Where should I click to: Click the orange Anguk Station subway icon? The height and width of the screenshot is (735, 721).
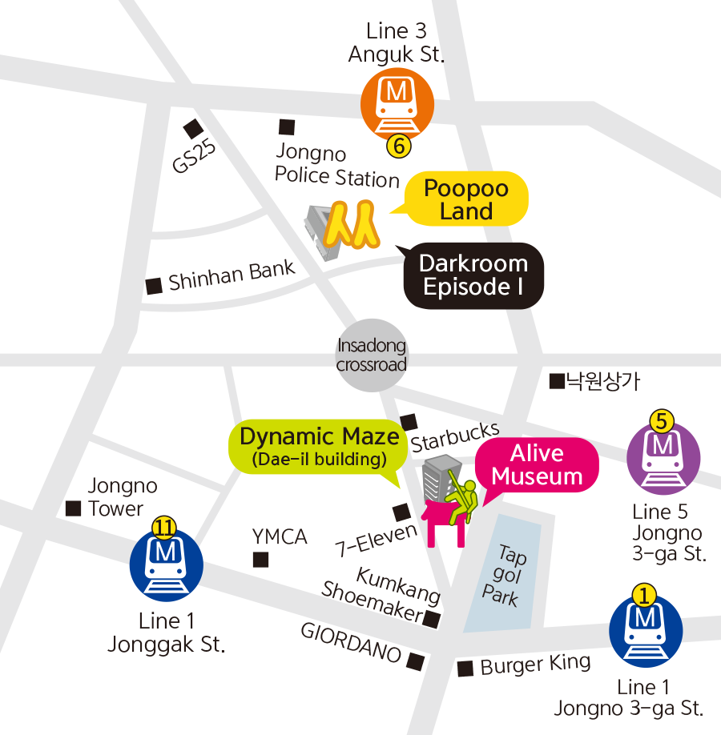pyautogui.click(x=397, y=105)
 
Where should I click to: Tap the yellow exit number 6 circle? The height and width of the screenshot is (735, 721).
pyautogui.click(x=398, y=146)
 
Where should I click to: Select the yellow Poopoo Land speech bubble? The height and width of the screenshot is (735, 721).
pyautogui.click(x=466, y=199)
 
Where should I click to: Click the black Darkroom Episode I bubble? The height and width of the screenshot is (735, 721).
pyautogui.click(x=473, y=275)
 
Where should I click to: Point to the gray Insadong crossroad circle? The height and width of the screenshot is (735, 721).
pyautogui.click(x=371, y=355)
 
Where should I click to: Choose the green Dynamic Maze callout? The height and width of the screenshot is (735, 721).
pyautogui.click(x=319, y=446)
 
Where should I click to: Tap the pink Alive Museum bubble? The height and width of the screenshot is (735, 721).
pyautogui.click(x=537, y=465)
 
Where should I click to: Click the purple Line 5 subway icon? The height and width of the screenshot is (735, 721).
pyautogui.click(x=663, y=458)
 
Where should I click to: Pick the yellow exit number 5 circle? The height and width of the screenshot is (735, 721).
pyautogui.click(x=662, y=419)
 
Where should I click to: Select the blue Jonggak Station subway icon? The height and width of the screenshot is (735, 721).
pyautogui.click(x=167, y=565)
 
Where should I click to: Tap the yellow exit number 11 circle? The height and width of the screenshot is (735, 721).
pyautogui.click(x=164, y=527)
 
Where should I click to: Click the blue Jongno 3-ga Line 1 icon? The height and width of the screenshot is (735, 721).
pyautogui.click(x=646, y=632)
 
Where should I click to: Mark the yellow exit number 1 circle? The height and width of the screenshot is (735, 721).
pyautogui.click(x=645, y=595)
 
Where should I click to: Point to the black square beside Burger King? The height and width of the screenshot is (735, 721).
pyautogui.click(x=465, y=669)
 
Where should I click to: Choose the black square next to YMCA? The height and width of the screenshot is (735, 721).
pyautogui.click(x=261, y=560)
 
